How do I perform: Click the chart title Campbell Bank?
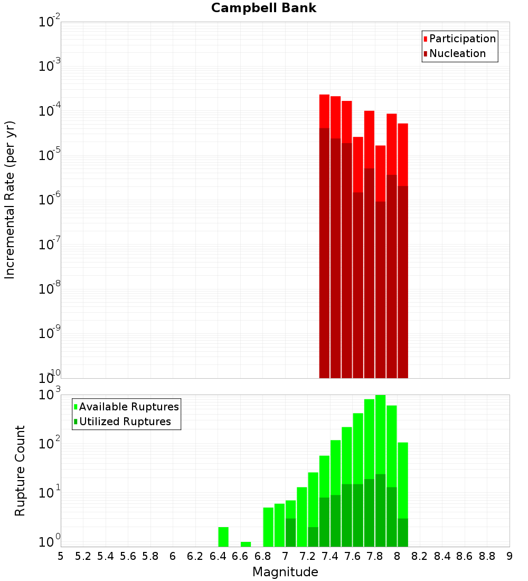click(263, 8)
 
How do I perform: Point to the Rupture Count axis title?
click(20, 471)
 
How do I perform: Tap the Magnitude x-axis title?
click(285, 572)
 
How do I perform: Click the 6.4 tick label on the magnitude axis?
click(218, 556)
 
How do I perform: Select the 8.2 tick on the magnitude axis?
click(420, 556)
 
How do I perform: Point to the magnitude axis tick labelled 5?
click(61, 556)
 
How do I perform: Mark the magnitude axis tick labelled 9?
click(510, 556)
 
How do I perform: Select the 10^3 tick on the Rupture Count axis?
click(51, 395)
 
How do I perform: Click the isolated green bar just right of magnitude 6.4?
click(223, 537)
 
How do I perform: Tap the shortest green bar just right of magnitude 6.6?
click(246, 544)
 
